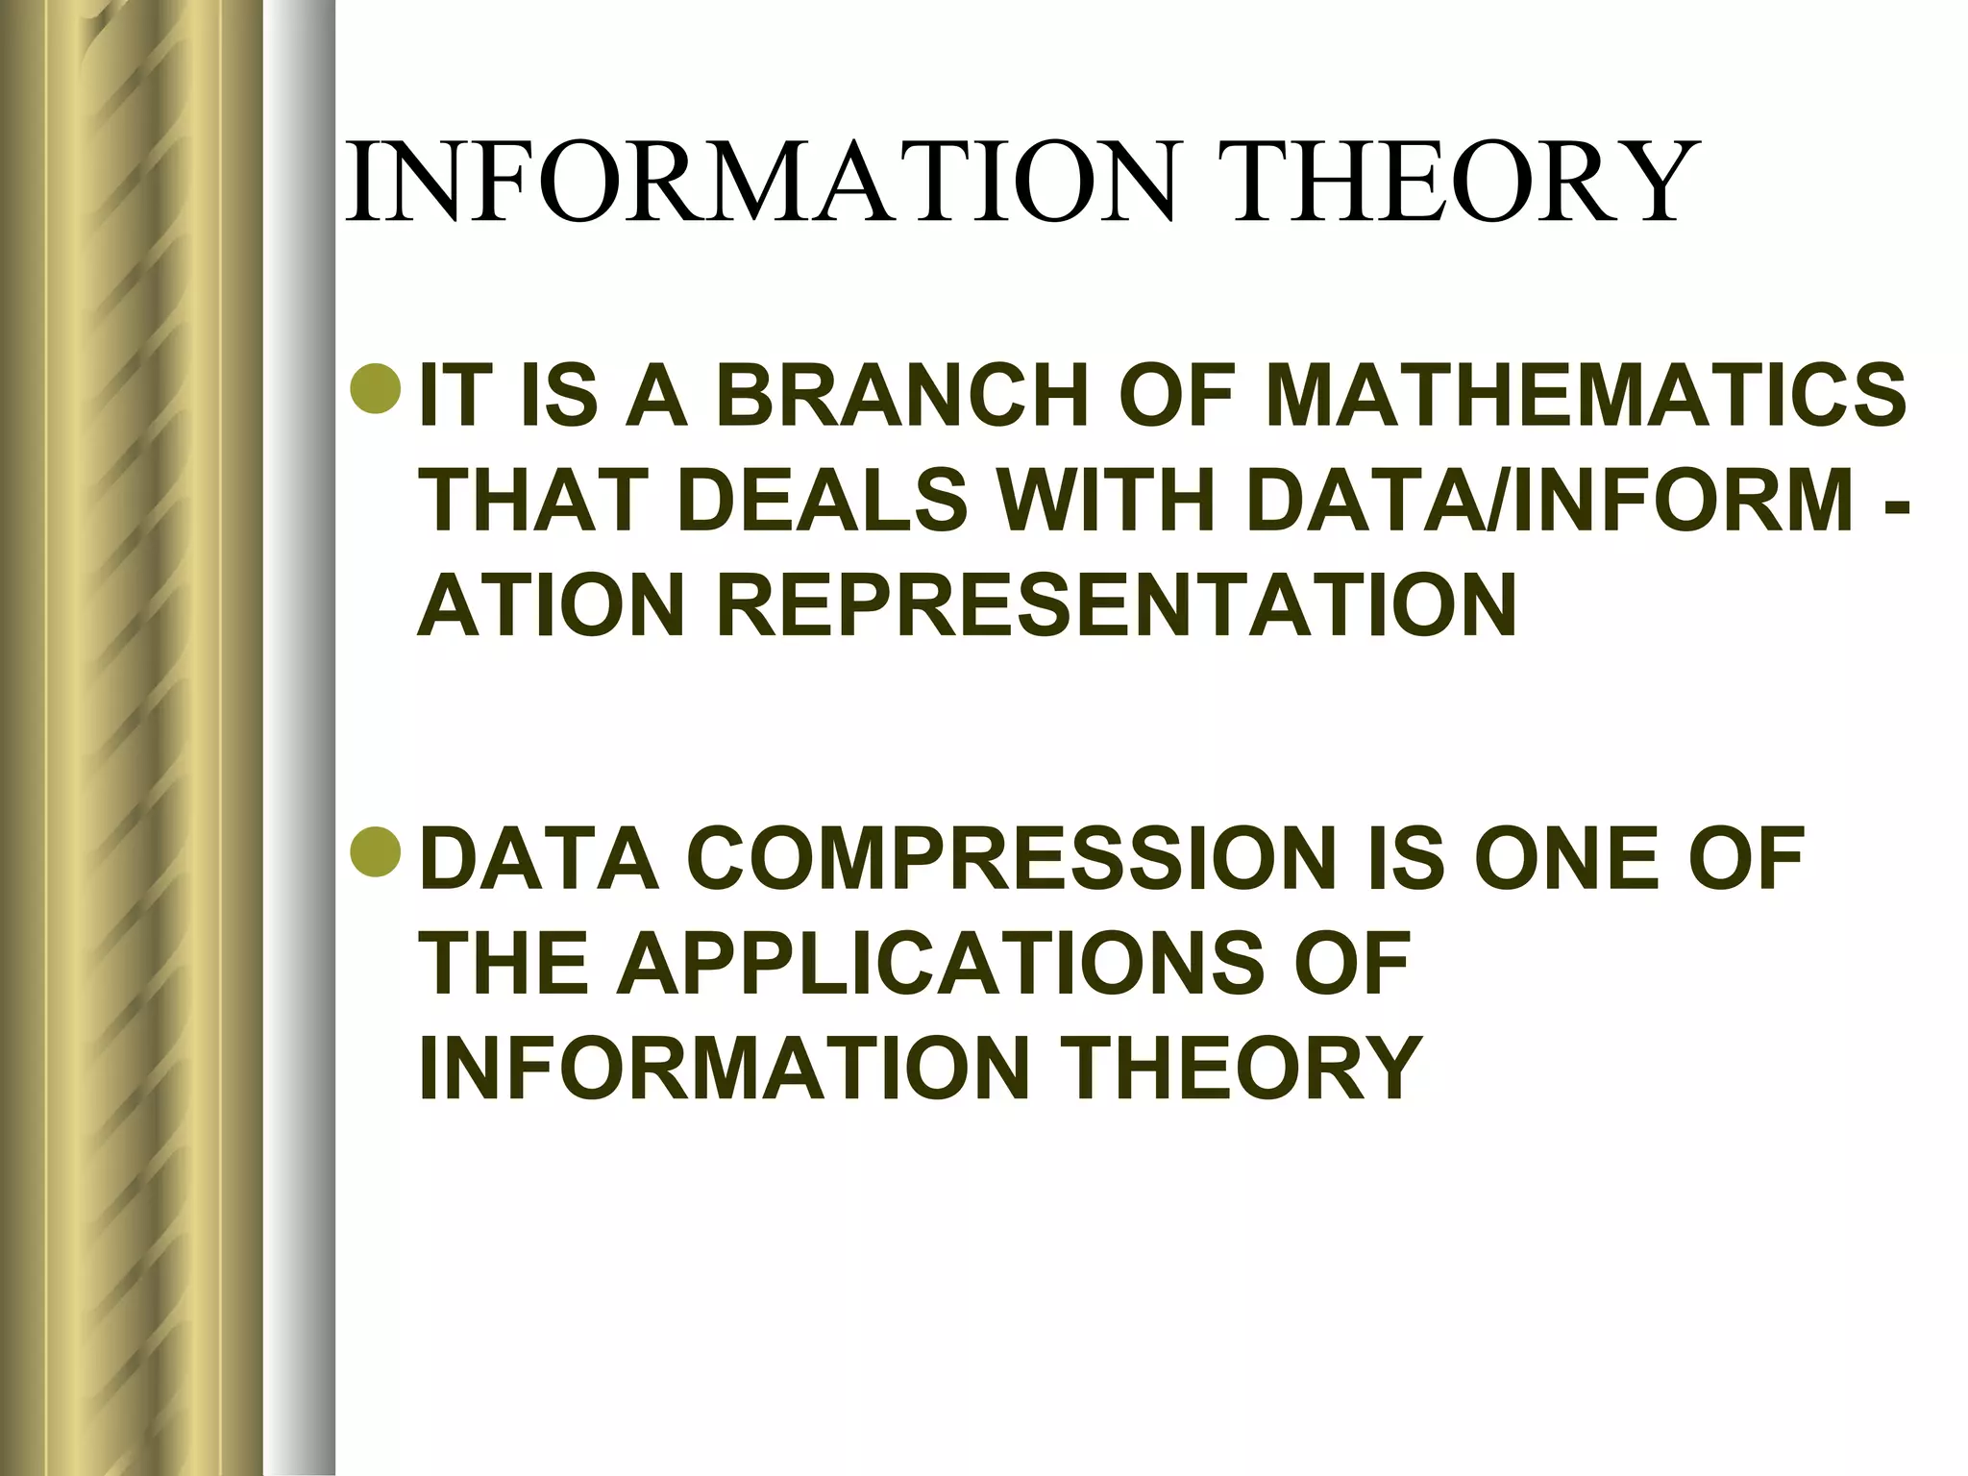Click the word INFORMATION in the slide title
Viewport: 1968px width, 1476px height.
click(759, 183)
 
